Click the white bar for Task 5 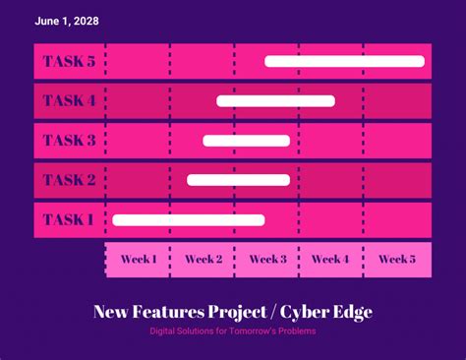tap(344, 62)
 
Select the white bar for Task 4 tap(275, 100)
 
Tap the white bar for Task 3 tap(246, 141)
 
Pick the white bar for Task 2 tap(238, 180)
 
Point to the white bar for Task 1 tap(188, 219)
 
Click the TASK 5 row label tap(69, 62)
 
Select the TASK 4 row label tap(69, 100)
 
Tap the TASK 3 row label tap(69, 141)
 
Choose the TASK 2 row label tap(69, 180)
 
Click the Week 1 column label tap(139, 260)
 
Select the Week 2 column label tap(204, 260)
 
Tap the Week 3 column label tap(267, 260)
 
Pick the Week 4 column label tap(331, 260)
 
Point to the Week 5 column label tap(396, 260)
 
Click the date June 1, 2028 tap(66, 21)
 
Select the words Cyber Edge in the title tap(326, 313)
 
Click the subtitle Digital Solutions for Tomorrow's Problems tap(233, 331)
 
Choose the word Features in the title tap(165, 313)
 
